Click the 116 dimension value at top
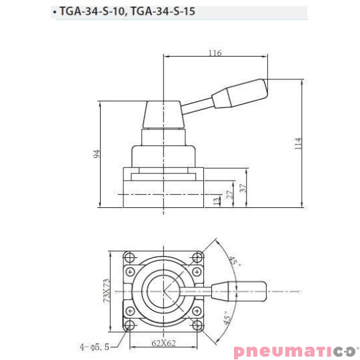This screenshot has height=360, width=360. (214, 53)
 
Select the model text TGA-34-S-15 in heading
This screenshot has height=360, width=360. (163, 12)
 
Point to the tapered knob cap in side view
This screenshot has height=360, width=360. (163, 113)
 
